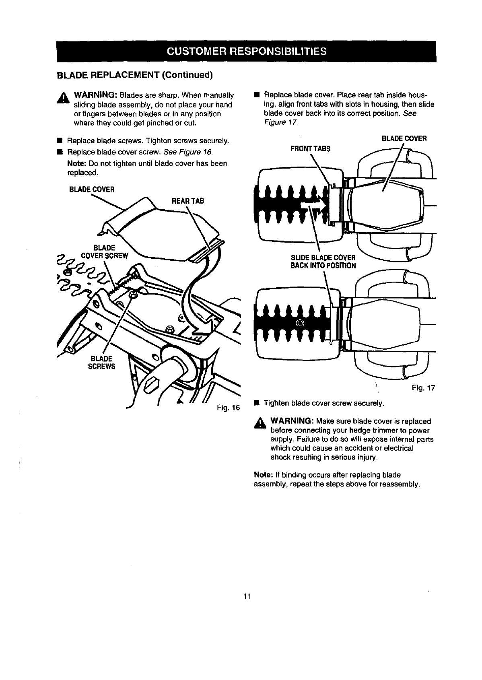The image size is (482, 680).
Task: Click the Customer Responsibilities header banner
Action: pos(246,52)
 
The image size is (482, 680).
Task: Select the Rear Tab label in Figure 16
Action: pos(188,201)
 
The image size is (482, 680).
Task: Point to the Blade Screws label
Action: pos(103,362)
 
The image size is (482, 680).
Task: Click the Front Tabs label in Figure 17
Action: pos(310,148)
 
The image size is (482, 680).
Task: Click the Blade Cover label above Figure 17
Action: pos(404,138)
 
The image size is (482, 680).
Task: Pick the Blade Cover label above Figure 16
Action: pos(92,189)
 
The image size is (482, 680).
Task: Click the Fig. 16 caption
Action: pos(228,408)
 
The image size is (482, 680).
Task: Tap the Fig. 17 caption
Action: pos(424,388)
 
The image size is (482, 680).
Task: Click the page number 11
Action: pos(247,596)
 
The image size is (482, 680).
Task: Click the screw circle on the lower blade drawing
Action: pos(299,323)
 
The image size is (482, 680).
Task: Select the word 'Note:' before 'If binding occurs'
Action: pos(262,475)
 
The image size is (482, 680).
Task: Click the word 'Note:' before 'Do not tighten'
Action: pos(77,163)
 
